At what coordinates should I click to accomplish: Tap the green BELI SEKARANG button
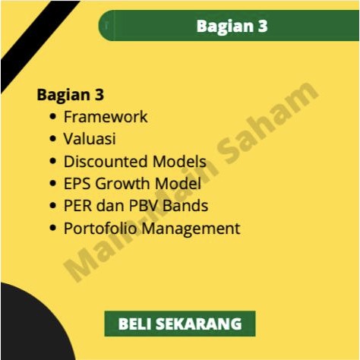pos(180,324)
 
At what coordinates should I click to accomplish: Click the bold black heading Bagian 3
pos(71,96)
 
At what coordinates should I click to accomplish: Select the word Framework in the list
pos(106,117)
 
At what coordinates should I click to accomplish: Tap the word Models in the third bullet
pos(179,161)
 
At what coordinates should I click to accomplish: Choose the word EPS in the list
pos(77,183)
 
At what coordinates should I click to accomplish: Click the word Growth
pos(120,184)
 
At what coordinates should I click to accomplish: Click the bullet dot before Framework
pos(52,118)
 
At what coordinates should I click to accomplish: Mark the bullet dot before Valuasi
pos(52,140)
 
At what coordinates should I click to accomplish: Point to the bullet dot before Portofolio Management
pos(52,229)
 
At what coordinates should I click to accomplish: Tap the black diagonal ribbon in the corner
pos(34,42)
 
